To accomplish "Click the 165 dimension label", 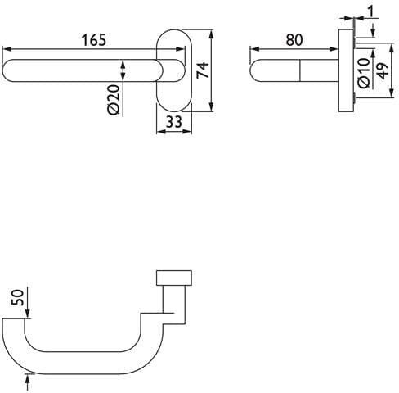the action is click(x=94, y=40).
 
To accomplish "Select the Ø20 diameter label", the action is click(x=114, y=100).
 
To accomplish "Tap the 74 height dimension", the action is click(x=203, y=70).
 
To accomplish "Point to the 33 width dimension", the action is click(x=174, y=122).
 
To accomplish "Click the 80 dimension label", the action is click(x=294, y=40).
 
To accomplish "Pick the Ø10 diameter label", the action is click(x=364, y=73).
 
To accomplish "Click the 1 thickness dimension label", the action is click(x=371, y=11).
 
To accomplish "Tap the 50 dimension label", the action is click(x=17, y=297).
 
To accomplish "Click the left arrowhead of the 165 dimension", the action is click(x=7, y=49).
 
